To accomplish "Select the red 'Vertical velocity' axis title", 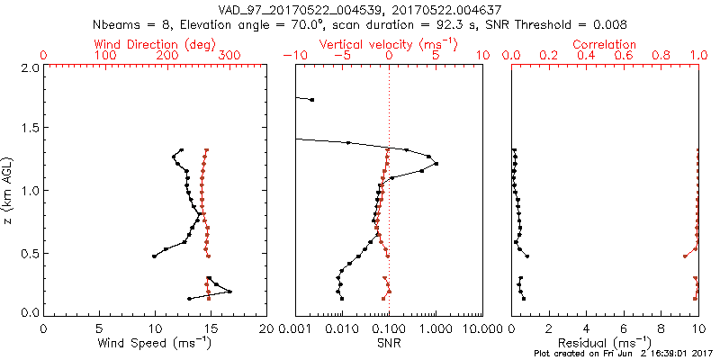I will [388, 44].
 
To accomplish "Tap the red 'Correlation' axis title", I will [605, 44].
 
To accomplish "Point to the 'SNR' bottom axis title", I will [388, 343].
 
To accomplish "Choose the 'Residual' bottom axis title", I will [605, 343].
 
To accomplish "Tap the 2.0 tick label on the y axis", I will [30, 67].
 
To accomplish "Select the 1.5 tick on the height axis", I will [30, 130].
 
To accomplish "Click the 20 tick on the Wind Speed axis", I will [266, 328].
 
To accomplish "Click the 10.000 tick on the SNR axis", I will [481, 328].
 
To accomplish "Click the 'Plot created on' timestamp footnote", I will [622, 354].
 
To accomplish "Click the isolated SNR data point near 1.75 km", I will [311, 99].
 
